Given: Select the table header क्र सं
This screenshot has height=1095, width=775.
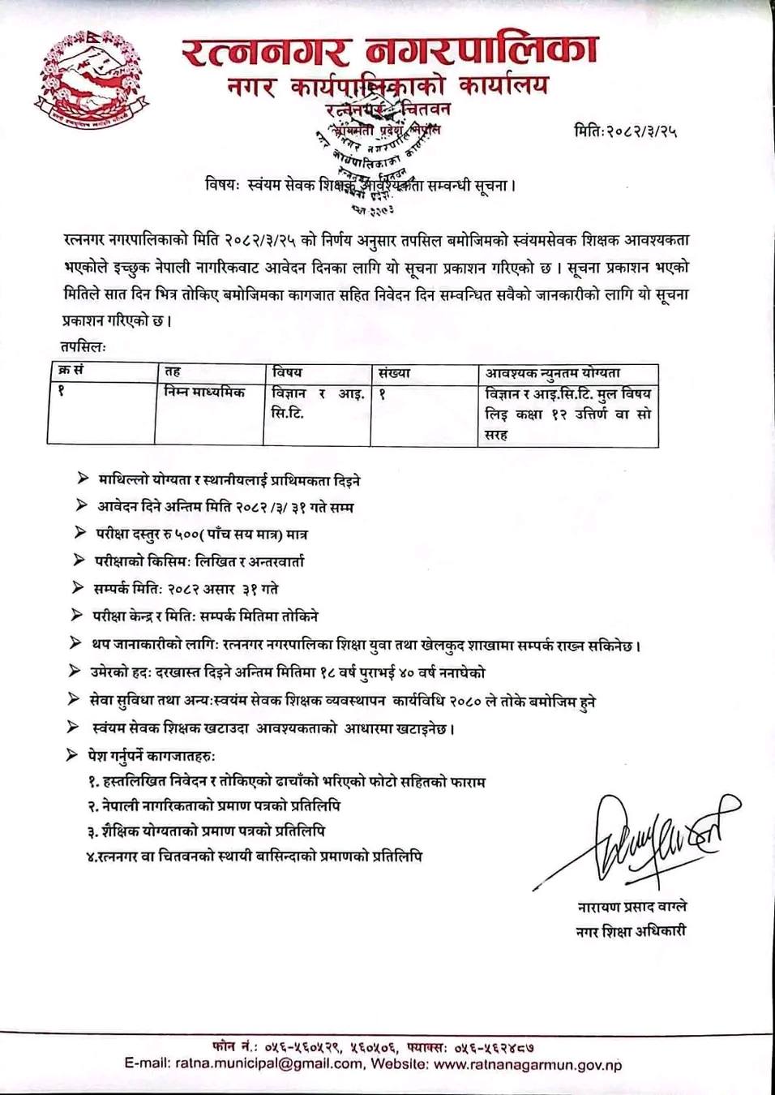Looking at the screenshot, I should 71,371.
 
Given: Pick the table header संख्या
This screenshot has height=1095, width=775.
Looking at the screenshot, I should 394,373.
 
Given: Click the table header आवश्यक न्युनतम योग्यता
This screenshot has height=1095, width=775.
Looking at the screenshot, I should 553,373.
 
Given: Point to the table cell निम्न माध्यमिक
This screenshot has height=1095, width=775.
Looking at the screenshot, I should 204,393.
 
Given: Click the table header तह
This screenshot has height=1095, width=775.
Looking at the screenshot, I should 173,371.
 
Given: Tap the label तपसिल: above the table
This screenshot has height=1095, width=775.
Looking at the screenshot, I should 83,346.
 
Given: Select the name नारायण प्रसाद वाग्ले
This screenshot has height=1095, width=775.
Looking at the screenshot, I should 632,907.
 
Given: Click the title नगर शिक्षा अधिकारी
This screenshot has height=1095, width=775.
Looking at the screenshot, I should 631,931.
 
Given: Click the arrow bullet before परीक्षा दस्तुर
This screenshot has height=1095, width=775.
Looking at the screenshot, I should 79,533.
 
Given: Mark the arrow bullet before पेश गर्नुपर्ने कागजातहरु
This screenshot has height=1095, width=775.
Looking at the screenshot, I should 71,755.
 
